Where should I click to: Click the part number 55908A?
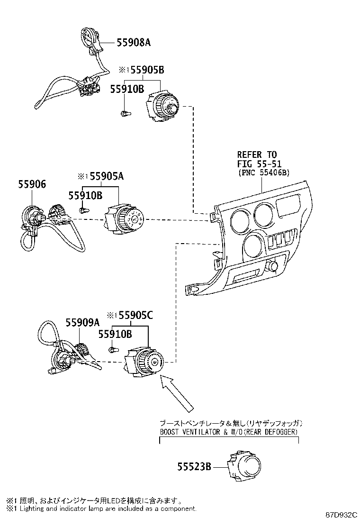coord(134,42)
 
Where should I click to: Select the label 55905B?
coord(147,70)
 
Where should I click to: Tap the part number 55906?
coord(32,184)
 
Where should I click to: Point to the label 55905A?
coord(107,176)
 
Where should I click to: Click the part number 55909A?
coord(82,322)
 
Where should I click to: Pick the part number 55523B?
coord(194,466)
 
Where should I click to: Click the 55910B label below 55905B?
coord(127,89)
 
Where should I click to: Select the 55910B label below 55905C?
coord(115,334)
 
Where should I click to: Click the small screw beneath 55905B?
coord(126,114)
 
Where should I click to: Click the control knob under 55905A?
coord(124,218)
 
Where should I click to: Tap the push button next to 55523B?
coord(244,466)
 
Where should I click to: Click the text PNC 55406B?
coord(264,173)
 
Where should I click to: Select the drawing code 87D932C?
coord(341,515)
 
